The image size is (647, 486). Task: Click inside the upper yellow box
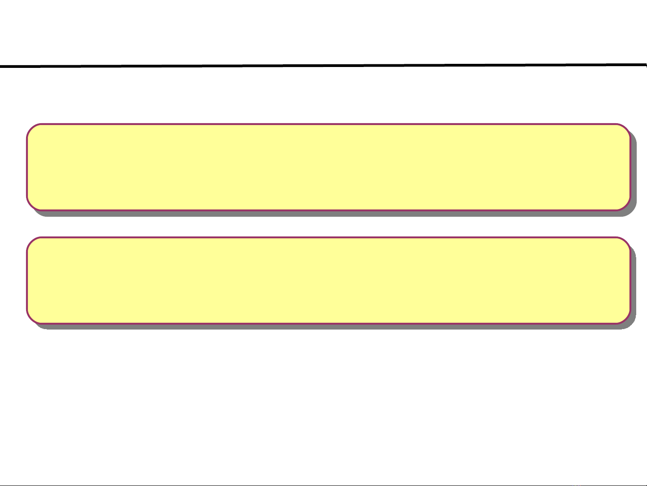(x=328, y=167)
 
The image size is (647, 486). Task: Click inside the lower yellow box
(x=328, y=280)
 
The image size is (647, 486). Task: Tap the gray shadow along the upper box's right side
(x=634, y=171)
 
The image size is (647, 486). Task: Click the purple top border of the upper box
(x=328, y=124)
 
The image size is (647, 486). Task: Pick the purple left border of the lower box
(x=27, y=280)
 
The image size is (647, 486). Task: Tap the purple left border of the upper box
(x=27, y=167)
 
